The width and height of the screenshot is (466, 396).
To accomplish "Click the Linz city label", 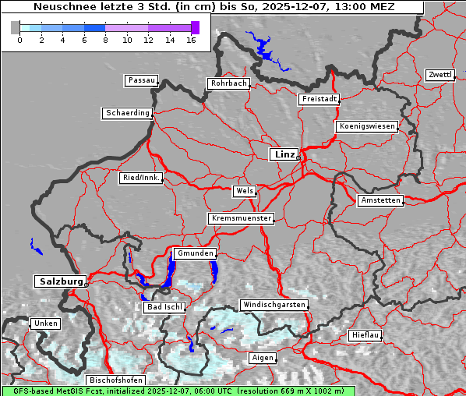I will (284, 154).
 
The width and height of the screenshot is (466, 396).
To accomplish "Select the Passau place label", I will (141, 80).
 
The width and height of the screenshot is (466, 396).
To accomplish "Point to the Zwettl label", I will (440, 75).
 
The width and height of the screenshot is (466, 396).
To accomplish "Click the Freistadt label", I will (319, 99).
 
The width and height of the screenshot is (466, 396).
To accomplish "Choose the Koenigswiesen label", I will (367, 126).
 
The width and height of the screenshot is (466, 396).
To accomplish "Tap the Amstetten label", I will (380, 200).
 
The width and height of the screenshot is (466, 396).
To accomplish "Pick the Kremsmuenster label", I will (241, 218).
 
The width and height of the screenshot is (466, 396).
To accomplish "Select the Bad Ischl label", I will (164, 307).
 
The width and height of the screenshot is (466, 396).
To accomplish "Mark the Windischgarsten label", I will (274, 305).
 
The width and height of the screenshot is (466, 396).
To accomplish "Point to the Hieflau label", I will (365, 334).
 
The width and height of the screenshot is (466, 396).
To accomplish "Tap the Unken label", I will (45, 323).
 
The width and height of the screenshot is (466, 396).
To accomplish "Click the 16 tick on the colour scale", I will (191, 39).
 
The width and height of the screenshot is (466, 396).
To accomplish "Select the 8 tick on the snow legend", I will (105, 39).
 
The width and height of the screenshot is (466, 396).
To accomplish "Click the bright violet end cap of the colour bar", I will (195, 27).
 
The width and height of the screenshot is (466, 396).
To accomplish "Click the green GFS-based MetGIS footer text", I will (178, 391).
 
